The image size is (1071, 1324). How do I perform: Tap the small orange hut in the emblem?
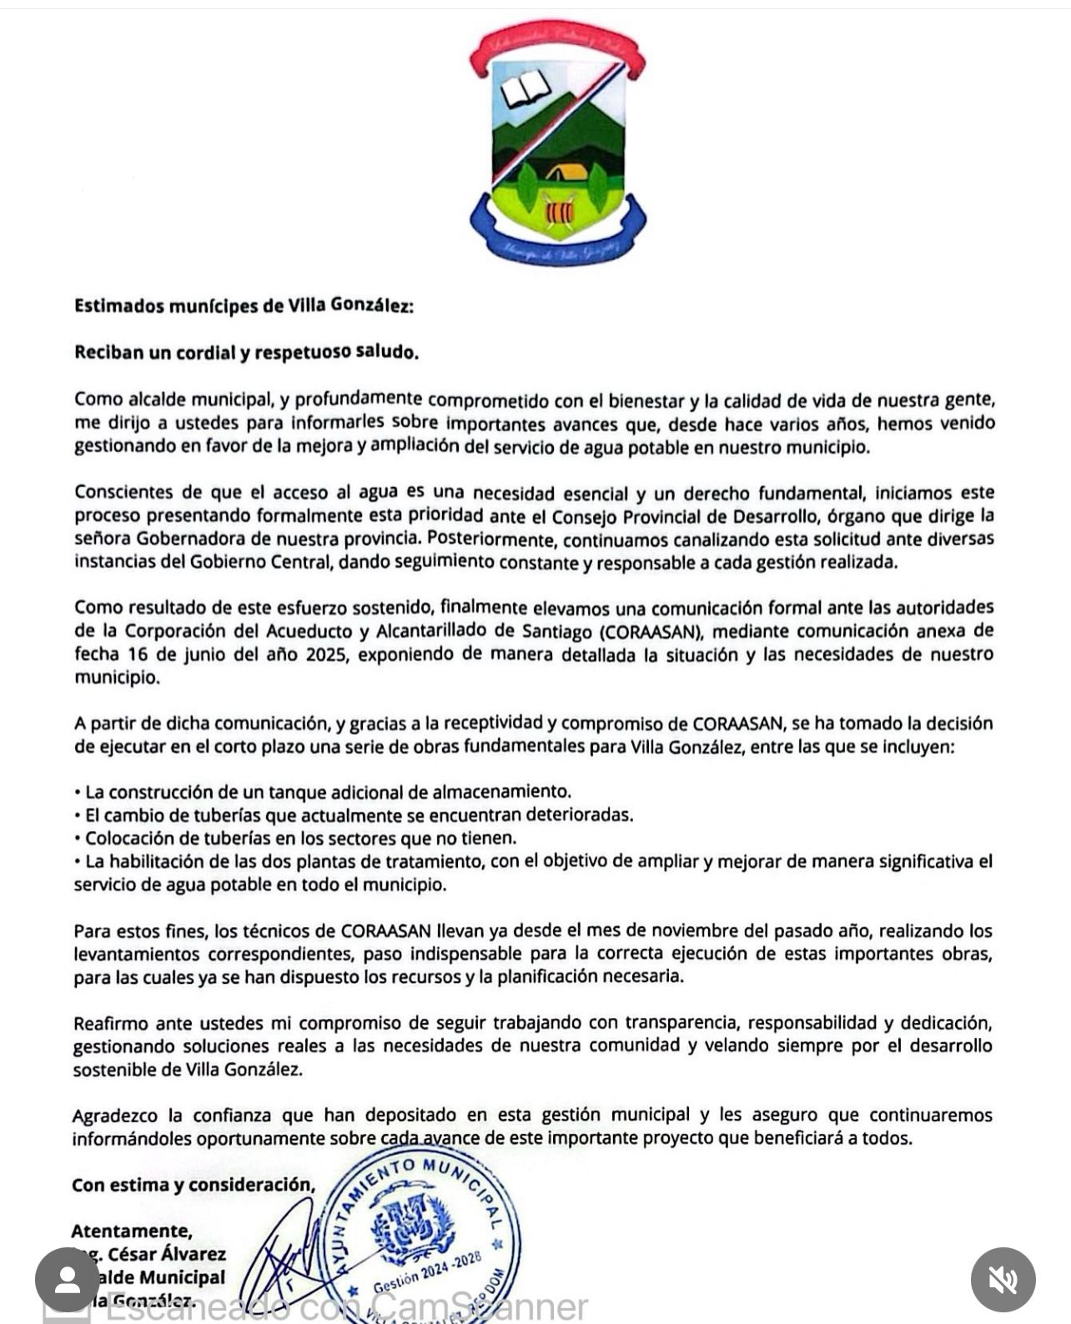pos(567,173)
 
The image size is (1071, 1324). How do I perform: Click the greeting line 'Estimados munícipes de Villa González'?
pos(244,306)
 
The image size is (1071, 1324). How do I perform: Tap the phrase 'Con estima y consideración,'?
pos(194,1185)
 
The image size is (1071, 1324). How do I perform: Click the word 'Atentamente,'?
pos(132,1231)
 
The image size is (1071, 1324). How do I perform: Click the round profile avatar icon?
pos(68,1280)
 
